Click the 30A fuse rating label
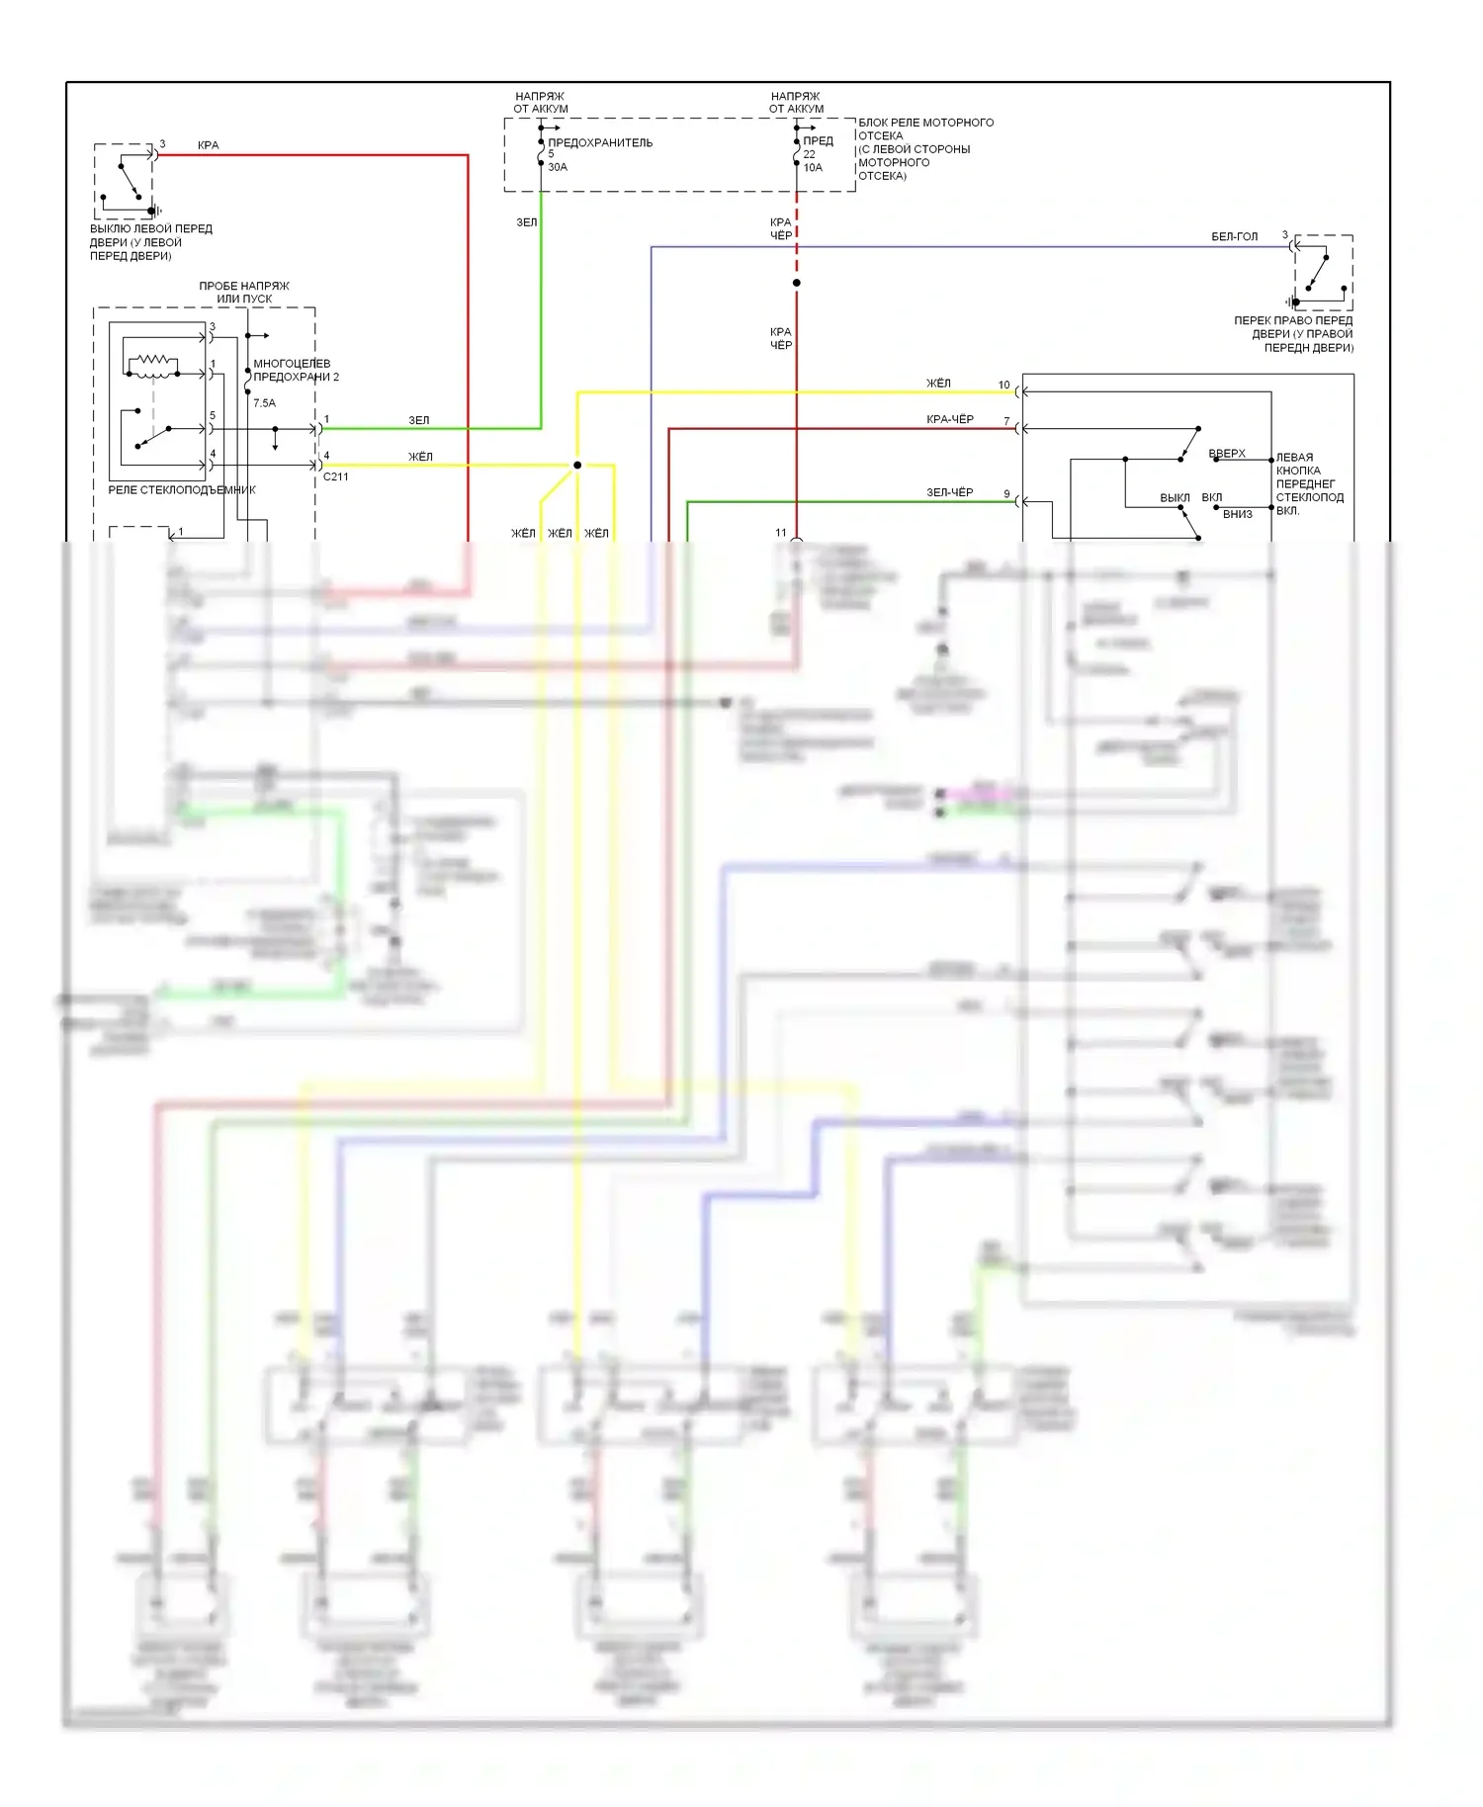(558, 167)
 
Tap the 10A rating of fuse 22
(813, 168)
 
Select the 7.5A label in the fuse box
(264, 403)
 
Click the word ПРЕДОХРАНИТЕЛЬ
(600, 142)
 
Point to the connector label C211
(336, 476)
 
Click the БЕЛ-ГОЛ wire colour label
(1234, 236)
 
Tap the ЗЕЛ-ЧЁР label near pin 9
(949, 492)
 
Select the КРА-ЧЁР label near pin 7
(949, 419)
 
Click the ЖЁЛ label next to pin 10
(938, 384)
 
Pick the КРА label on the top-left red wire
(208, 145)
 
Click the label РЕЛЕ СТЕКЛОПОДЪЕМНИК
(182, 490)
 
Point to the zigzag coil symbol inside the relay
(152, 363)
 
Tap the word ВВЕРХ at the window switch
(1227, 454)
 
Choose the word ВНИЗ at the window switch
(1237, 514)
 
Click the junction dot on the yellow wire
(577, 465)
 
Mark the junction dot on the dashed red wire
(797, 283)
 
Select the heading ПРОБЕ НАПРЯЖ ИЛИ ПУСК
(244, 292)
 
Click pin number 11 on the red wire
(781, 533)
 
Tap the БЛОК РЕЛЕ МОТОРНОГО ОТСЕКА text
(925, 148)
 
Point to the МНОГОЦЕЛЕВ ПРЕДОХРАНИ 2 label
(296, 370)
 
